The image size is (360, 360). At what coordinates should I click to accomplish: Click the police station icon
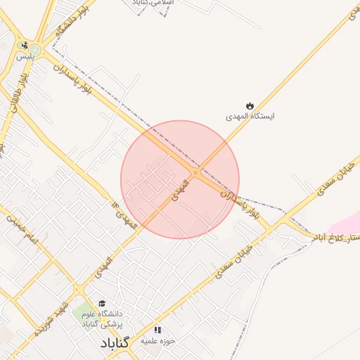coord(25,44)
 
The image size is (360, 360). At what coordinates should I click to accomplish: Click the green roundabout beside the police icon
coord(34,49)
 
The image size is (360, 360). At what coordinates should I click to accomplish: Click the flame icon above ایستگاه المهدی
coord(249,104)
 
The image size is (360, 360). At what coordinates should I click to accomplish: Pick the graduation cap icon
coord(103,303)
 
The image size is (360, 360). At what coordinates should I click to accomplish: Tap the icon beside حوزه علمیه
coord(157,329)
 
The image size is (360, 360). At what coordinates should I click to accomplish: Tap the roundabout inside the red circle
coord(195,172)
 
